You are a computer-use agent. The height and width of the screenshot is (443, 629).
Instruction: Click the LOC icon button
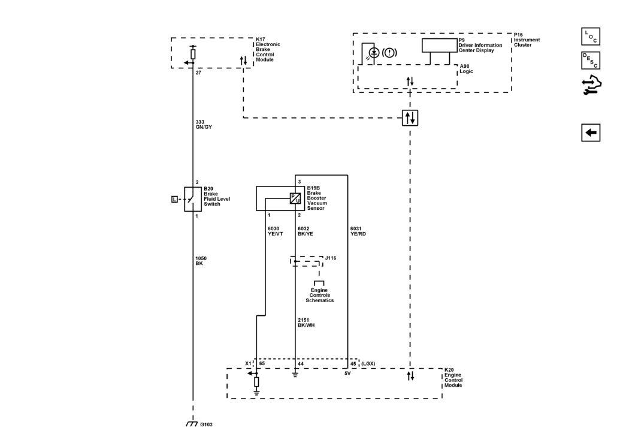(591, 37)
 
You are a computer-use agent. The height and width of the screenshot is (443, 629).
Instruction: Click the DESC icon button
(591, 61)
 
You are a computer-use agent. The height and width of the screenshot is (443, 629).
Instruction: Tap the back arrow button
(591, 132)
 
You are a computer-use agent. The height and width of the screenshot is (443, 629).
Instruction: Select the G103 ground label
(206, 424)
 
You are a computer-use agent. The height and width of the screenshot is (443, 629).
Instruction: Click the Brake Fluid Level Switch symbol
(192, 199)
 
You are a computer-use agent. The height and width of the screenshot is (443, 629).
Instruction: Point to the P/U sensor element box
(295, 198)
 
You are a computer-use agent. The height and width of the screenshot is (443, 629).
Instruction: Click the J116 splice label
(331, 258)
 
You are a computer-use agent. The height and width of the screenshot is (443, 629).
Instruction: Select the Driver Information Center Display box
(439, 46)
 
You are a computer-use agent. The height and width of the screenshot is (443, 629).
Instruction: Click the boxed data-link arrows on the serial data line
(410, 118)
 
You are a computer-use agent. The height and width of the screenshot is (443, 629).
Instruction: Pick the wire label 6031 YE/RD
(358, 231)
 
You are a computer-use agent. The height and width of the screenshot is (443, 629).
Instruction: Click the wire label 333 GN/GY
(204, 125)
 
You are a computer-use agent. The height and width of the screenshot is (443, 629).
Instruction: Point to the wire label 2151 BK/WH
(306, 323)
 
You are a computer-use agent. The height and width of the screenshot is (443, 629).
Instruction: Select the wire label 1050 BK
(201, 261)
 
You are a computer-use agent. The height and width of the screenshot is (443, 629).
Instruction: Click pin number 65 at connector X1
(262, 364)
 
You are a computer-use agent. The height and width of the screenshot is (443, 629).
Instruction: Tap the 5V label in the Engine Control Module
(347, 373)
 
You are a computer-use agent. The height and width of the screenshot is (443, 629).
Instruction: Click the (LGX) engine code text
(368, 364)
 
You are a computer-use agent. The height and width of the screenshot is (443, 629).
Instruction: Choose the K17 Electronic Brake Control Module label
(268, 49)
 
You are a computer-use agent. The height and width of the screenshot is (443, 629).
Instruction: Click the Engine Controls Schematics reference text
(320, 296)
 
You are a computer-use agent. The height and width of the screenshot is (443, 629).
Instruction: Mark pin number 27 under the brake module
(198, 73)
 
